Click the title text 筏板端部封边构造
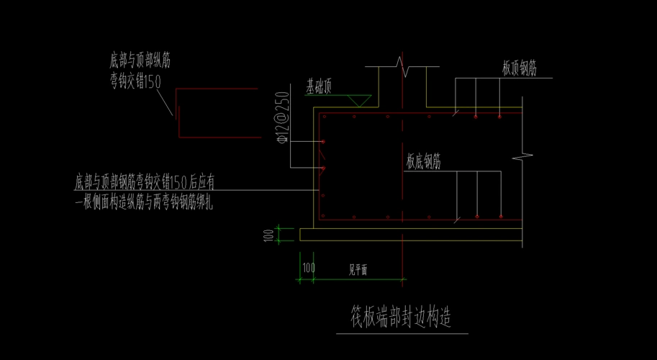pyautogui.click(x=401, y=317)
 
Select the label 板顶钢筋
pyautogui.click(x=519, y=68)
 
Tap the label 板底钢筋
pyautogui.click(x=423, y=162)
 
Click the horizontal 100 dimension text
pyautogui.click(x=308, y=268)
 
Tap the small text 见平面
pyautogui.click(x=358, y=271)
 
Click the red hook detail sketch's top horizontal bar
pyautogui.click(x=216, y=89)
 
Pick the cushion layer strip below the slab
pyautogui.click(x=410, y=235)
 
